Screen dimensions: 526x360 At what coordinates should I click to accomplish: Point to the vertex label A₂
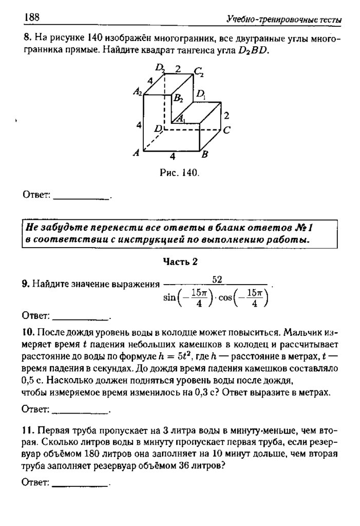[137, 92]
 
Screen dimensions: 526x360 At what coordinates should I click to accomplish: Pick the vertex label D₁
[201, 95]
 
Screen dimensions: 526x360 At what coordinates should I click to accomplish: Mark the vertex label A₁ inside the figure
[181, 118]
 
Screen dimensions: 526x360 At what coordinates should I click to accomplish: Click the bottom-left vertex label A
[137, 153]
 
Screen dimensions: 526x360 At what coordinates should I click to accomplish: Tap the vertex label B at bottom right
[204, 154]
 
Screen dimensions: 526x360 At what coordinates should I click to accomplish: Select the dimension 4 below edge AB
[173, 156]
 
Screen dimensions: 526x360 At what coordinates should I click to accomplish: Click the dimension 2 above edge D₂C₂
[178, 68]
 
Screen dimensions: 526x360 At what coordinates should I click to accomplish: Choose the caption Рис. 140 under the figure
[179, 173]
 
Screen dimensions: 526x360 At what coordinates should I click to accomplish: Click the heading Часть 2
[180, 261]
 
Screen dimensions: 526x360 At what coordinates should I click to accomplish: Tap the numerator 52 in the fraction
[217, 279]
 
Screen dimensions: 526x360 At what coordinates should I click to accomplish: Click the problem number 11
[27, 428]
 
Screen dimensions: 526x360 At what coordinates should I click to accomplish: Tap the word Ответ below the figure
[36, 195]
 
